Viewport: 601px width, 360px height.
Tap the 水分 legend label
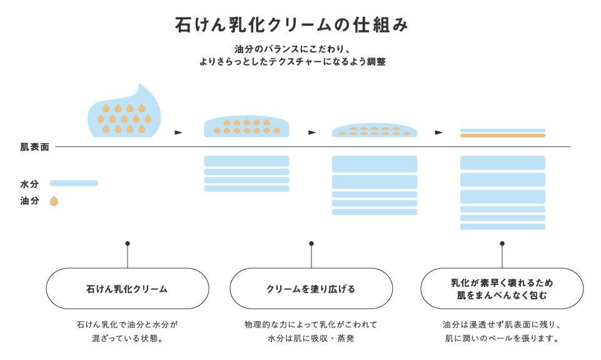coord(29,184)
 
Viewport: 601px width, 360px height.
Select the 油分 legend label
coord(29,201)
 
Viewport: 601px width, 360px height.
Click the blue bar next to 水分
coord(74,183)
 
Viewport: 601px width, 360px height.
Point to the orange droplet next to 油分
coord(54,201)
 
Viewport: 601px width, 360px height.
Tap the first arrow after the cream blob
coord(178,132)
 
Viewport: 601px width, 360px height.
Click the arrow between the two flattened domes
coord(312,132)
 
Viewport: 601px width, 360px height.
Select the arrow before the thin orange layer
coord(439,132)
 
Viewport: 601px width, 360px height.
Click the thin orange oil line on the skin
coord(503,135)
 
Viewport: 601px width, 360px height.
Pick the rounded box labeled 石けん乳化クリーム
coord(127,289)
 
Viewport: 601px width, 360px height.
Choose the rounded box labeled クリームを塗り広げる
coord(311,289)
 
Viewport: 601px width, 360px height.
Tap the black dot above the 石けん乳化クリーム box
coord(128,243)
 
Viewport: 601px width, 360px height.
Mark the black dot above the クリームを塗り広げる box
coord(311,243)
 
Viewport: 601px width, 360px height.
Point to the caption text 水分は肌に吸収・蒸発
coord(311,339)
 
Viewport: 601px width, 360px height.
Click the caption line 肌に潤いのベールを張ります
coord(502,339)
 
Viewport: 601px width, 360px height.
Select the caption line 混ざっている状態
coord(127,339)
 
